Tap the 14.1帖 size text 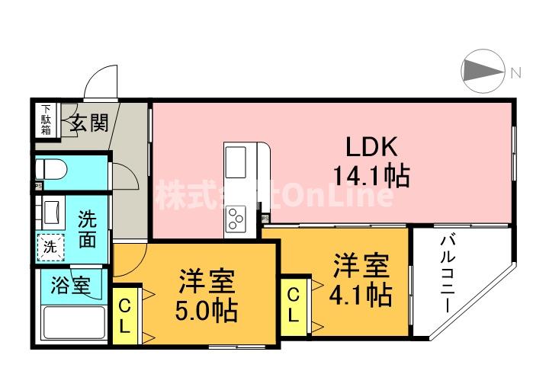(x=371, y=177)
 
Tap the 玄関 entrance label (x=90, y=122)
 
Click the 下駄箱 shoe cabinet (x=47, y=120)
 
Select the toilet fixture (x=55, y=168)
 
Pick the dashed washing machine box (x=50, y=246)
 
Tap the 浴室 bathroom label (x=71, y=286)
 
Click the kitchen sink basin (x=235, y=161)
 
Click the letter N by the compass (x=515, y=73)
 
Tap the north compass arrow (x=483, y=72)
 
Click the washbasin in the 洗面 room (x=52, y=209)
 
